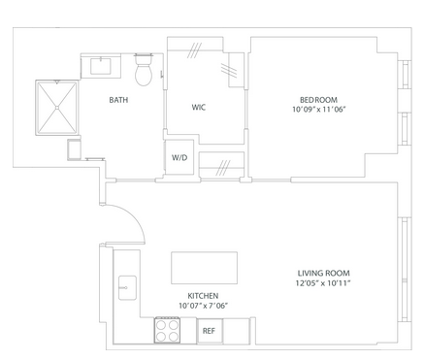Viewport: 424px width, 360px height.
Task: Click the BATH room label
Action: tap(118, 100)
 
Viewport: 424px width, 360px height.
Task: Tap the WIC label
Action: tap(198, 107)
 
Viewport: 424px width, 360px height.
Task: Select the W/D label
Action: tap(179, 157)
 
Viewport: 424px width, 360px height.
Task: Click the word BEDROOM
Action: tap(318, 100)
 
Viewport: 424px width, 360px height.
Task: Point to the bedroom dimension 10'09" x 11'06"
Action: tap(319, 110)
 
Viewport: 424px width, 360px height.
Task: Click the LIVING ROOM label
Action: tap(324, 273)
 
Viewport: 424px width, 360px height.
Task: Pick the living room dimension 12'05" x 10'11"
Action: tap(323, 283)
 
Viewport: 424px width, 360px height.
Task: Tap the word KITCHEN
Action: tap(203, 296)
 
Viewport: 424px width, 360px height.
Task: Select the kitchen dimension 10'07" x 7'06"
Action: tap(204, 306)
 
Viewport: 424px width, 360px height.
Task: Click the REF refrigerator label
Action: tap(209, 331)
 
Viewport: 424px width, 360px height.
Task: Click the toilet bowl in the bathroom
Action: tap(144, 75)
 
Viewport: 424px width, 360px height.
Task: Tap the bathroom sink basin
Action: tap(101, 66)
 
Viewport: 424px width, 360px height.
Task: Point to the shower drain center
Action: tap(57, 108)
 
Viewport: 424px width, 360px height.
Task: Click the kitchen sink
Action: tap(127, 288)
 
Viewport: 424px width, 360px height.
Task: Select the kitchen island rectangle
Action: tap(204, 268)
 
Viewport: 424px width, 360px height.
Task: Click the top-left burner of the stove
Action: tap(161, 324)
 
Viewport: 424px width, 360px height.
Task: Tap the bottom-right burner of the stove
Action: tap(174, 337)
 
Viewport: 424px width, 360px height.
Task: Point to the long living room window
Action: tap(405, 270)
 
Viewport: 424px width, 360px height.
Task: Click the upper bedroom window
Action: tap(405, 74)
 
